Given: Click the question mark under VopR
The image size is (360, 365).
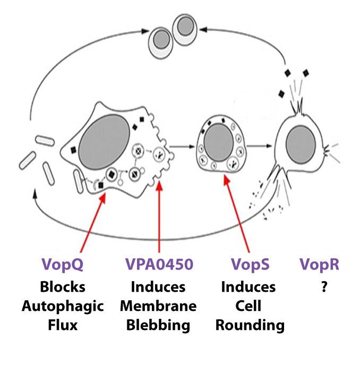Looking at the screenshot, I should coord(319,287).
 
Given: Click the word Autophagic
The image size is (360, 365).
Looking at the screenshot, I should coord(63,306).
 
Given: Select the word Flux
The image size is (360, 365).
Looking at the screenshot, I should coord(63,325).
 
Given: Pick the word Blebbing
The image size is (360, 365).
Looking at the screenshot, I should coord(158,325).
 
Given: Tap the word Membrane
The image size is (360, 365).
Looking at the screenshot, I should coord(158,306).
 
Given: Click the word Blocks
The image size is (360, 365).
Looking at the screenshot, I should coord(63,287).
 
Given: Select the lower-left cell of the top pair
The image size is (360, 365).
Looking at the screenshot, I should coord(160,38).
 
